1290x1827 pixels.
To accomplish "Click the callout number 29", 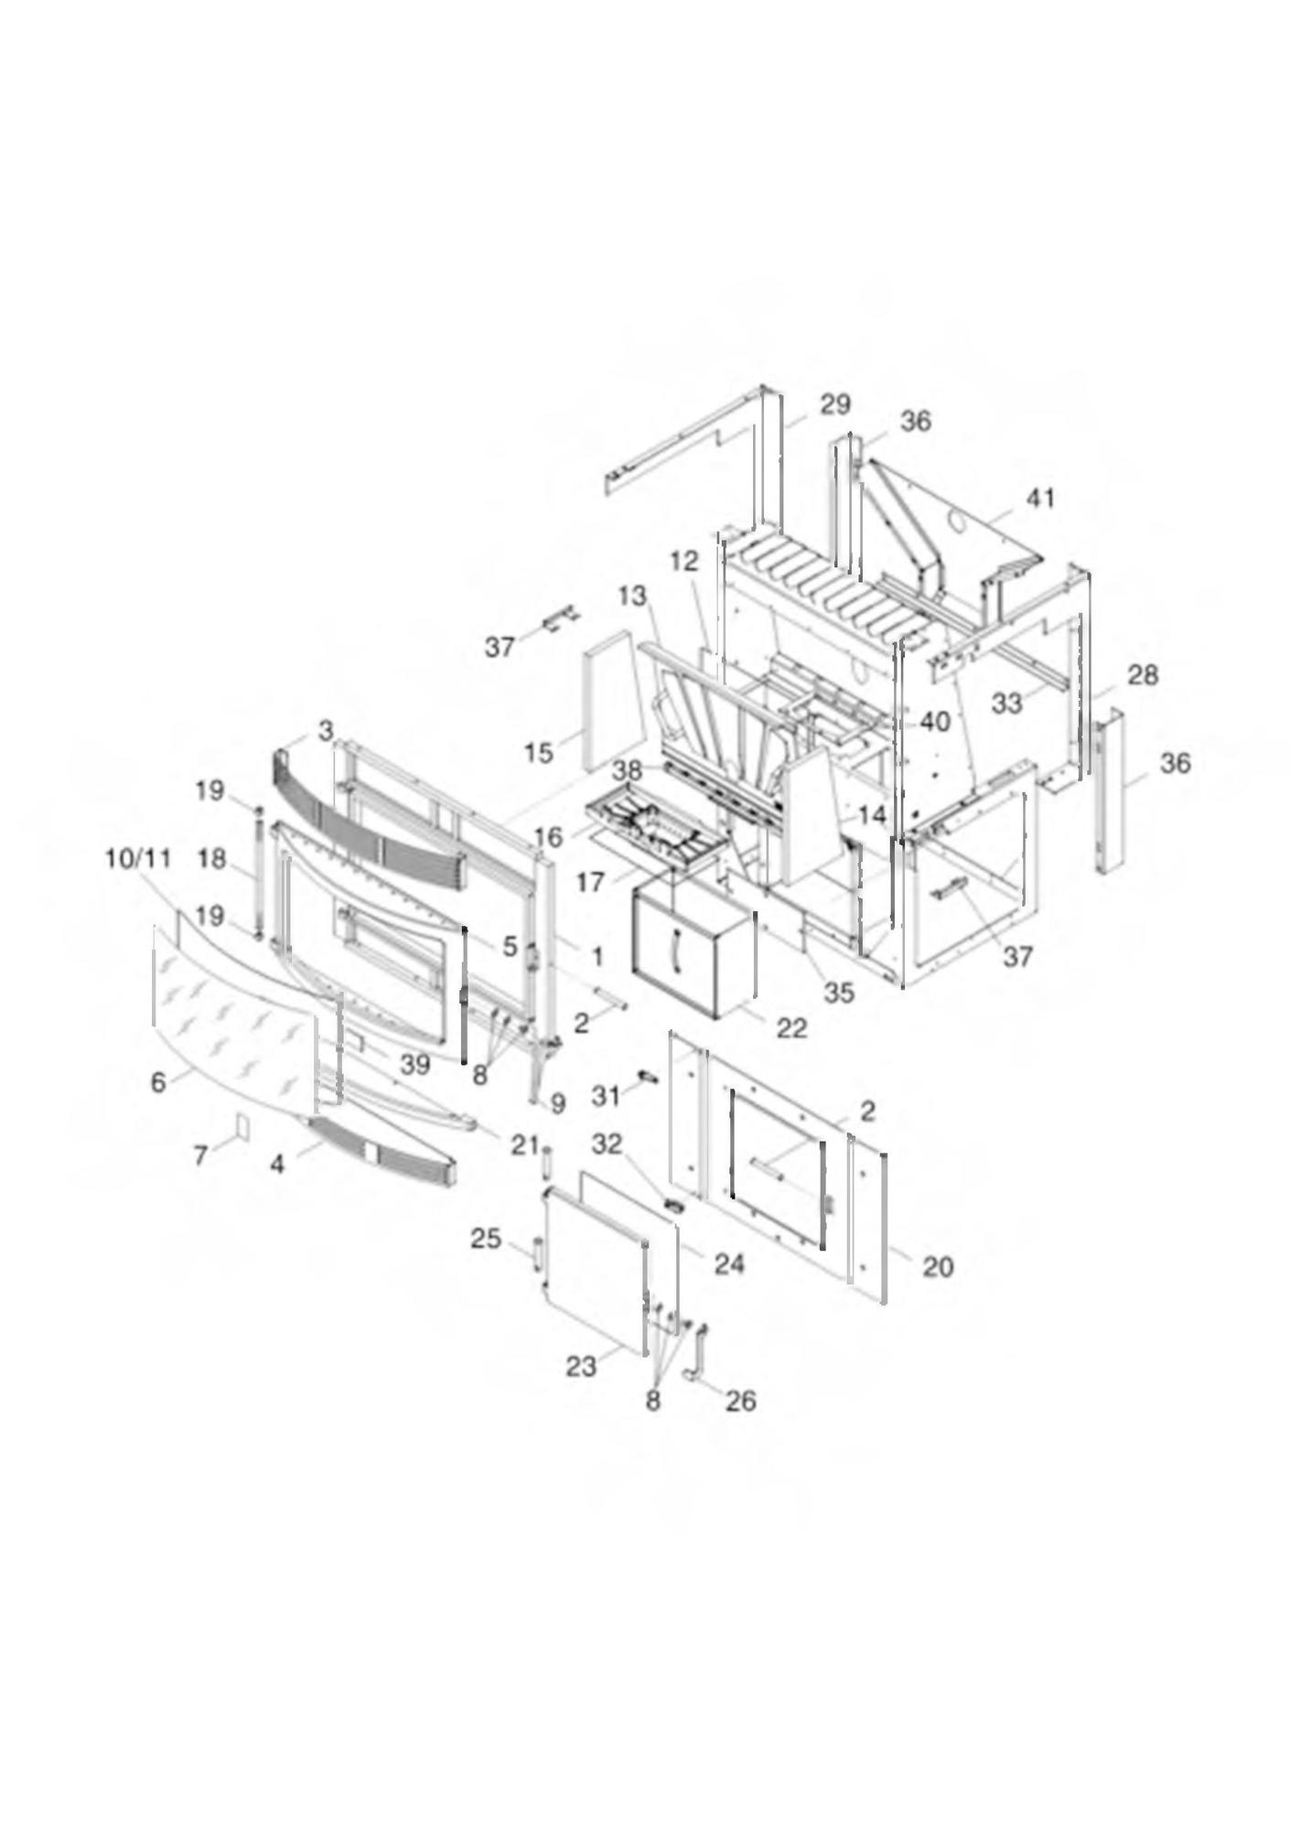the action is pyautogui.click(x=834, y=404).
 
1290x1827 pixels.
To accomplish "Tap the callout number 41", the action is pyautogui.click(x=1040, y=498).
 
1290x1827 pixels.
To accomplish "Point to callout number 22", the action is pyautogui.click(x=792, y=1028).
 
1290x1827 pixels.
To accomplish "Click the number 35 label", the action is pyautogui.click(x=839, y=992).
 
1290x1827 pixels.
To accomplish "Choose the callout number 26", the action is pyautogui.click(x=740, y=1400).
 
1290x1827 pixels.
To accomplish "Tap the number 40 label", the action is pyautogui.click(x=935, y=721).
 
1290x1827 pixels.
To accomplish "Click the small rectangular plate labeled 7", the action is pyautogui.click(x=242, y=1126).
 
